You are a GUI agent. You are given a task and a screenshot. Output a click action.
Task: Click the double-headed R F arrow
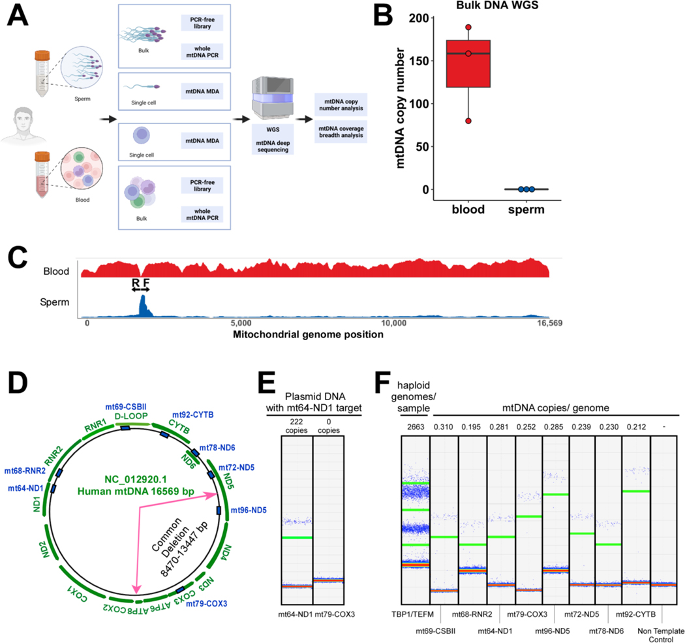coord(140,289)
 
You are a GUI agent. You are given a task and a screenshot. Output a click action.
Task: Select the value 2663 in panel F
coord(416,425)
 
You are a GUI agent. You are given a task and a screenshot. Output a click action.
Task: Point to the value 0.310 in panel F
coord(444,425)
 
